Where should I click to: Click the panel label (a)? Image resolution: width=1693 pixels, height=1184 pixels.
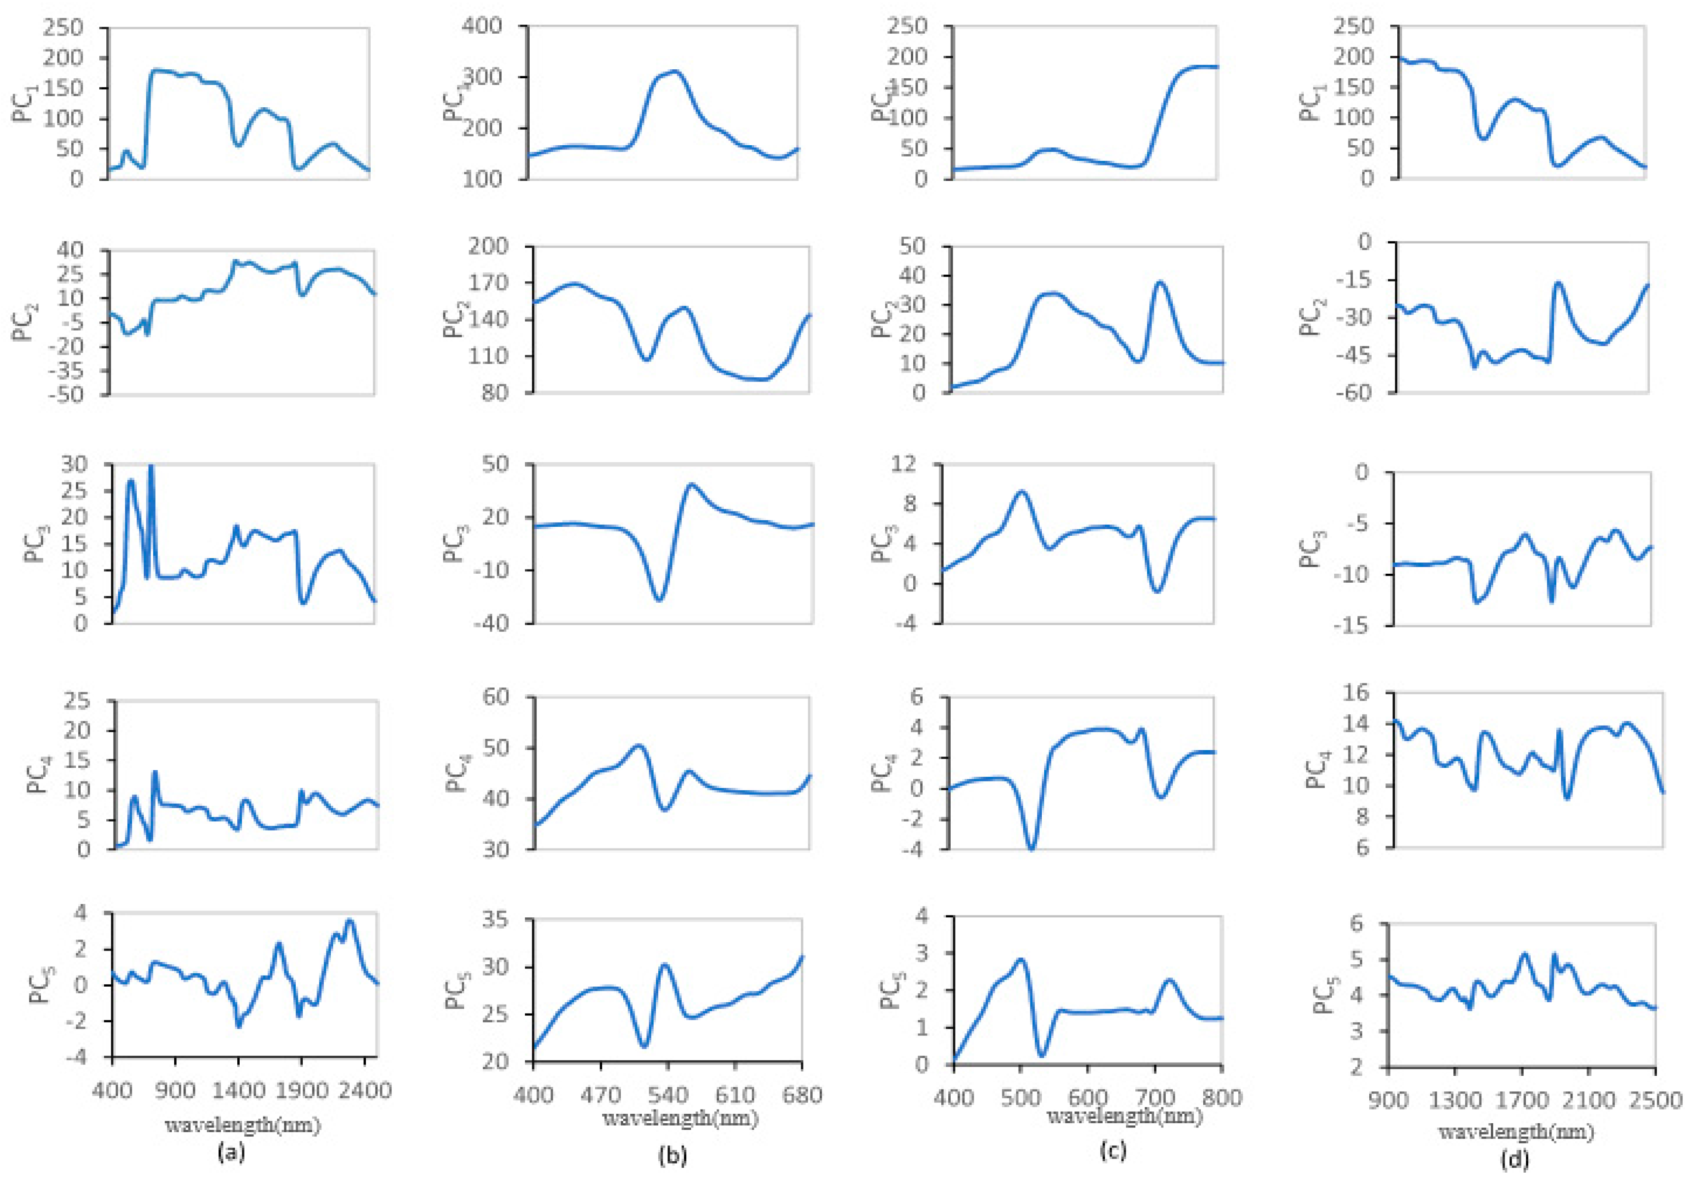point(230,1152)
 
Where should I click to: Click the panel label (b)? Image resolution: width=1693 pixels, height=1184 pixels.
point(672,1155)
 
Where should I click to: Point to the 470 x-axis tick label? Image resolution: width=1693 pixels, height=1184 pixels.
point(601,1095)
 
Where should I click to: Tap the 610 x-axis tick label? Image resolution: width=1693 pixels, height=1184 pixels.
point(735,1095)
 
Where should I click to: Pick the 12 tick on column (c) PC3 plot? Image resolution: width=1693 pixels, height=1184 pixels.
point(905,465)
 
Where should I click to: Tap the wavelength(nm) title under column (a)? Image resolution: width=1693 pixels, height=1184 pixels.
point(243,1126)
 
